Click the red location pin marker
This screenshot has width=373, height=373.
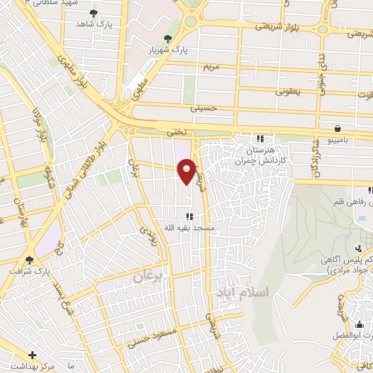pos(187,170)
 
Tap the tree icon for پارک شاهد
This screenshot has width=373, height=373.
pos(93,13)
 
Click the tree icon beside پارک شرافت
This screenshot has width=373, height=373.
pos(29,259)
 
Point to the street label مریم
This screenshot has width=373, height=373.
pos(210,66)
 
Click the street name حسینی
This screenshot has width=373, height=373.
pos(203,108)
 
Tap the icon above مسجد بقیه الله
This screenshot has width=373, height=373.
pos(189,216)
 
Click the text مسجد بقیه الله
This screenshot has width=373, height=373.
pos(192,227)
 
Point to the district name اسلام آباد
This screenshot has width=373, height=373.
pos(243,291)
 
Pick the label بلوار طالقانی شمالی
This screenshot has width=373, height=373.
pos(89,162)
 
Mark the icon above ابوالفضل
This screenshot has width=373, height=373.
pos(358,323)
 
